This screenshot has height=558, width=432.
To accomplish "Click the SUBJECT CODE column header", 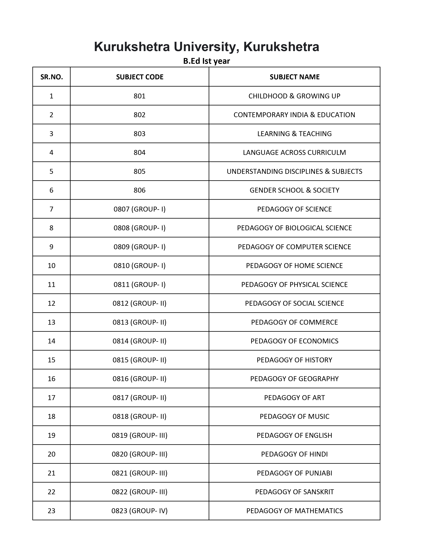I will point(139,77).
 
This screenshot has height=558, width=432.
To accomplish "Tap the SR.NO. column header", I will point(52,77).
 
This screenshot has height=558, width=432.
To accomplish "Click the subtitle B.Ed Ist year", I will point(207,61).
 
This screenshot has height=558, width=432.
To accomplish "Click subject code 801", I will point(139,96).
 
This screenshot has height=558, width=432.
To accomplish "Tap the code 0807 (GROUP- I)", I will point(139,209).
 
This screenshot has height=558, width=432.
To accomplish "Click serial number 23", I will point(52,511).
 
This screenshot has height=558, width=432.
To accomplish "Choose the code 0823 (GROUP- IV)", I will point(139,511).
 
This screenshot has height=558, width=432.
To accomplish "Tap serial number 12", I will point(52,303).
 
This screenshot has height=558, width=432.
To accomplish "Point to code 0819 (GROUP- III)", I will point(139,435).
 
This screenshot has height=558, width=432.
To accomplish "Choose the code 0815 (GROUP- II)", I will point(139,360).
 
